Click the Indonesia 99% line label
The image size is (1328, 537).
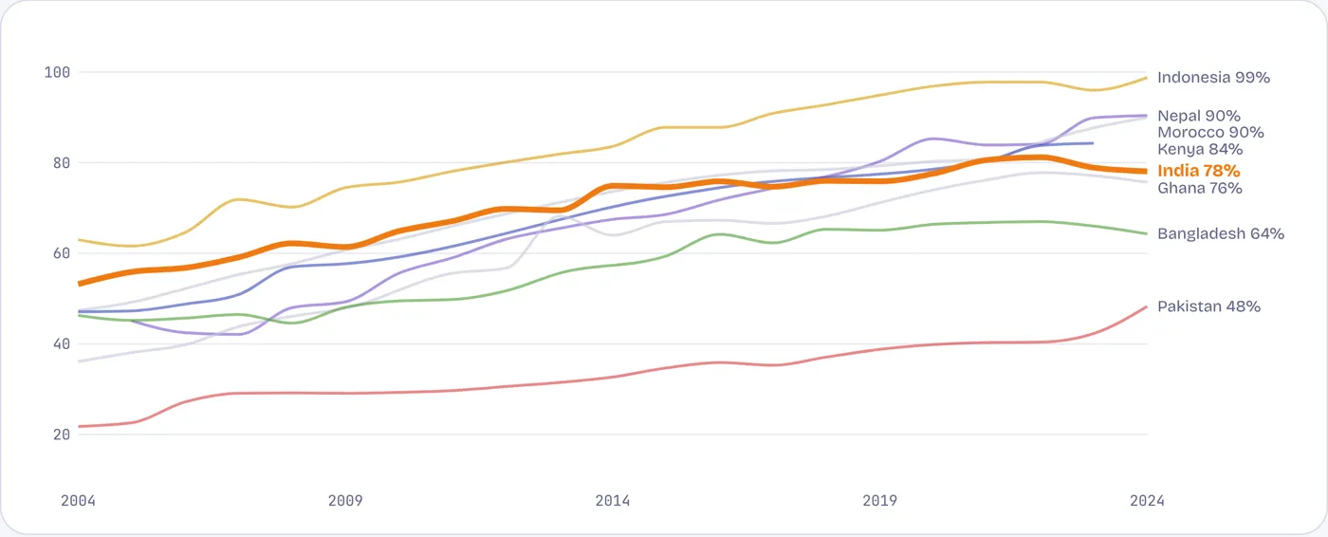(x=1213, y=78)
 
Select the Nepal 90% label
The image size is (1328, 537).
(x=1199, y=116)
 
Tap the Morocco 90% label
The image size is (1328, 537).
(x=1210, y=132)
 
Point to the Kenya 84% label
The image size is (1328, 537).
(x=1200, y=149)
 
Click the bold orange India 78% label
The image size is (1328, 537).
(x=1199, y=171)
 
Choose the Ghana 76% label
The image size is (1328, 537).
(x=1199, y=188)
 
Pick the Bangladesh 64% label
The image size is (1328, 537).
(x=1221, y=233)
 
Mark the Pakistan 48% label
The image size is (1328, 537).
(x=1208, y=306)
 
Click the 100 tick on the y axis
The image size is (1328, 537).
(x=57, y=72)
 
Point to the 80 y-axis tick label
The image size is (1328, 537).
(x=62, y=163)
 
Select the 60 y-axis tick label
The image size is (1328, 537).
(x=62, y=253)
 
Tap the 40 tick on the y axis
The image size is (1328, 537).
(x=62, y=344)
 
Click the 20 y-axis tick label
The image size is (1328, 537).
(x=62, y=435)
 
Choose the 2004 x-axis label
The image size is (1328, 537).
(x=78, y=501)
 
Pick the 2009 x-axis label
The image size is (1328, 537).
(x=345, y=501)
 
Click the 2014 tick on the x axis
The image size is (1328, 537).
(x=613, y=501)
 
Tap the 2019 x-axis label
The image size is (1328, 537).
(x=880, y=501)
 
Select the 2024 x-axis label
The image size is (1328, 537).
(x=1147, y=501)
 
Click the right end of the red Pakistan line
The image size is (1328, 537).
(x=1147, y=307)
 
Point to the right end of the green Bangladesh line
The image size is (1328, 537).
(x=1147, y=233)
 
